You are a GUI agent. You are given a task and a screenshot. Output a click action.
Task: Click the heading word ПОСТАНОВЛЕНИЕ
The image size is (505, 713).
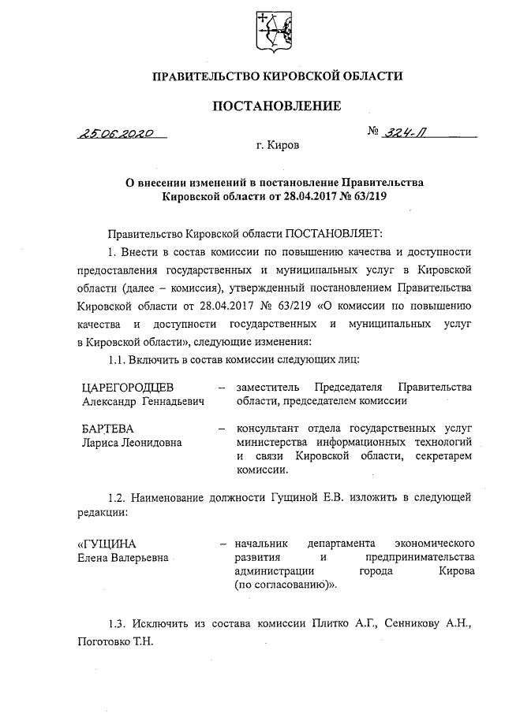(x=277, y=106)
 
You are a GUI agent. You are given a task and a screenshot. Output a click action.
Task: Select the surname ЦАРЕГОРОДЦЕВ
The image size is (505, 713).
(x=127, y=387)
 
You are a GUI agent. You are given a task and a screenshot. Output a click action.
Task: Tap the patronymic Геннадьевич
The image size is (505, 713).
(x=174, y=401)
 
